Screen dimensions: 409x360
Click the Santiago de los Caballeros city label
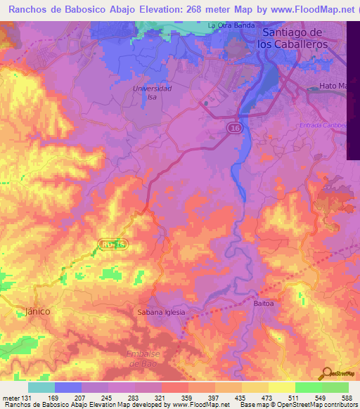[291, 38]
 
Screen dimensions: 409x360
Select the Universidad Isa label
[152, 93]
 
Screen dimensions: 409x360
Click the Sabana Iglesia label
[161, 312]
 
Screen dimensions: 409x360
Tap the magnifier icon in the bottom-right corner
[327, 372]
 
